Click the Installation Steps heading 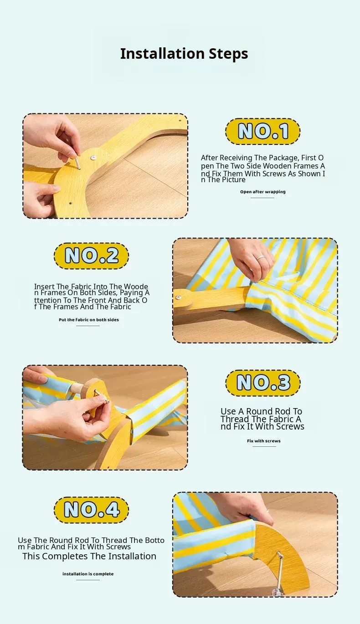point(184,54)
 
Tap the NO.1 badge point(263,131)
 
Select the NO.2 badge point(92,256)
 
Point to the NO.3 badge point(263,383)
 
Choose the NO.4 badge point(92,510)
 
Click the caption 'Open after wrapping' point(263,192)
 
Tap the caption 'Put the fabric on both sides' point(88,320)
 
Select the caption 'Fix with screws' point(263,441)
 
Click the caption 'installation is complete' point(88,574)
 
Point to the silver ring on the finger point(260,257)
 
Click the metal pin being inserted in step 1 point(77,162)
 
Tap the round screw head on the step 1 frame point(93,158)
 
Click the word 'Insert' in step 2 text point(44,286)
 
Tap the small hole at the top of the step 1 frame point(180,121)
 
